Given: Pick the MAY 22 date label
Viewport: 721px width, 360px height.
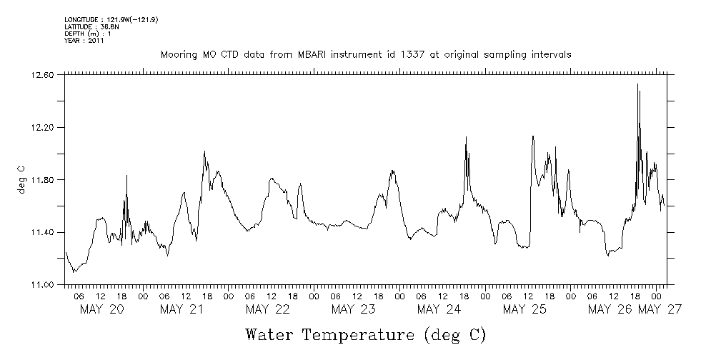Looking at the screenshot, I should point(267,309).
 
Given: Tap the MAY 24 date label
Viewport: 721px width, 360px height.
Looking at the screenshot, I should point(439,309).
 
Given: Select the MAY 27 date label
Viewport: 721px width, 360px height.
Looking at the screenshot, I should point(660,309).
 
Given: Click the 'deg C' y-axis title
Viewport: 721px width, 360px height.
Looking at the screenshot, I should point(21,179).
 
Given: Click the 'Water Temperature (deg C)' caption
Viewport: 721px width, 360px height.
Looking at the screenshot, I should point(366,334).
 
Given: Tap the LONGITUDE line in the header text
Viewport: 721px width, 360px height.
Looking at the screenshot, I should point(111,19).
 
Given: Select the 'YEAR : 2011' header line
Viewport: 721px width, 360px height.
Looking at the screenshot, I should point(84,41).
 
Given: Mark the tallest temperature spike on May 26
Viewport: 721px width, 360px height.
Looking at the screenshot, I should point(637,85).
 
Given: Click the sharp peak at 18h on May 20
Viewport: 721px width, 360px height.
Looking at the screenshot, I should point(126,176).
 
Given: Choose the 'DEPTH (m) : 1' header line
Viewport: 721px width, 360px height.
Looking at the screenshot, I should point(88,34).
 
